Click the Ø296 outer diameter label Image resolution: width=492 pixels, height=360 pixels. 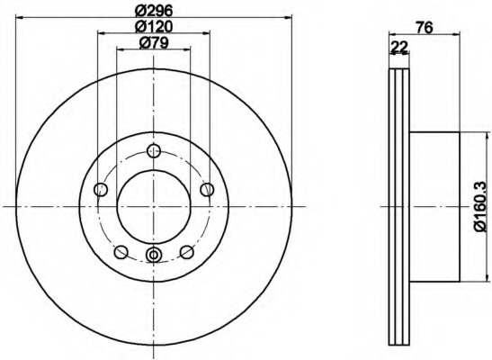click(154, 10)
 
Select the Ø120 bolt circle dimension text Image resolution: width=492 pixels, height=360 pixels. click(154, 27)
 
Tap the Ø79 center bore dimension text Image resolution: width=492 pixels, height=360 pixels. click(154, 44)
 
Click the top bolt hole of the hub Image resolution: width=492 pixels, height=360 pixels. click(154, 152)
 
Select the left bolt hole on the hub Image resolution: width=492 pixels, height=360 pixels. click(101, 189)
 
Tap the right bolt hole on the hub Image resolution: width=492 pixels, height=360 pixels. click(207, 189)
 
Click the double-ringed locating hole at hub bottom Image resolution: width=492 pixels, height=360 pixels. click(154, 256)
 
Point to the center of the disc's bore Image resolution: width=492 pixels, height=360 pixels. click(154, 206)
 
